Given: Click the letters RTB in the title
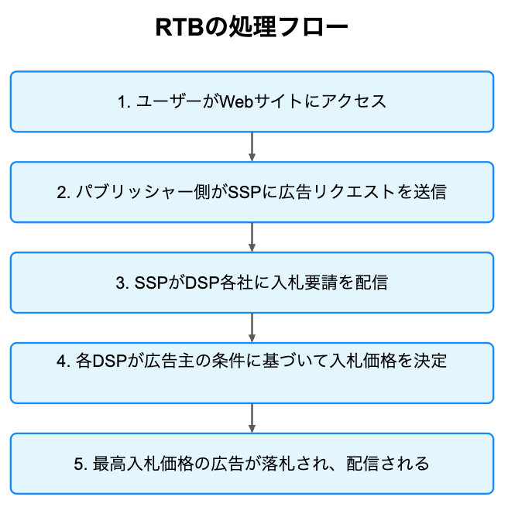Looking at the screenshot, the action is pos(180,27).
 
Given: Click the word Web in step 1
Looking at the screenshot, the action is pos(236,101).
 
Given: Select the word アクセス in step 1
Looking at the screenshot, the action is pos(354,101).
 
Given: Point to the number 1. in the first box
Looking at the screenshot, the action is pos(124,101).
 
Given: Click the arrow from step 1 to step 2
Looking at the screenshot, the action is pos(252,146).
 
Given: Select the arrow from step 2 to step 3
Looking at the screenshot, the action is pos(252,238).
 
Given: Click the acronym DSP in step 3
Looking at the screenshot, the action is pos(202,283).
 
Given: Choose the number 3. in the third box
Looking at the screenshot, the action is pos(122,283).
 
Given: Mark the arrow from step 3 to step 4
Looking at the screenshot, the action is pos(252,327).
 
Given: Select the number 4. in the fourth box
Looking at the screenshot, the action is pos(63,361).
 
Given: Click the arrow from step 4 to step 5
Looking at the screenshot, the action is pos(252,418).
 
